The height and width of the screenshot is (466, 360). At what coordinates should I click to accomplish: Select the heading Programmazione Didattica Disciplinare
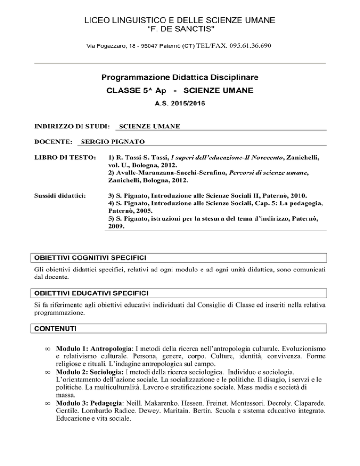click(x=180, y=76)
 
